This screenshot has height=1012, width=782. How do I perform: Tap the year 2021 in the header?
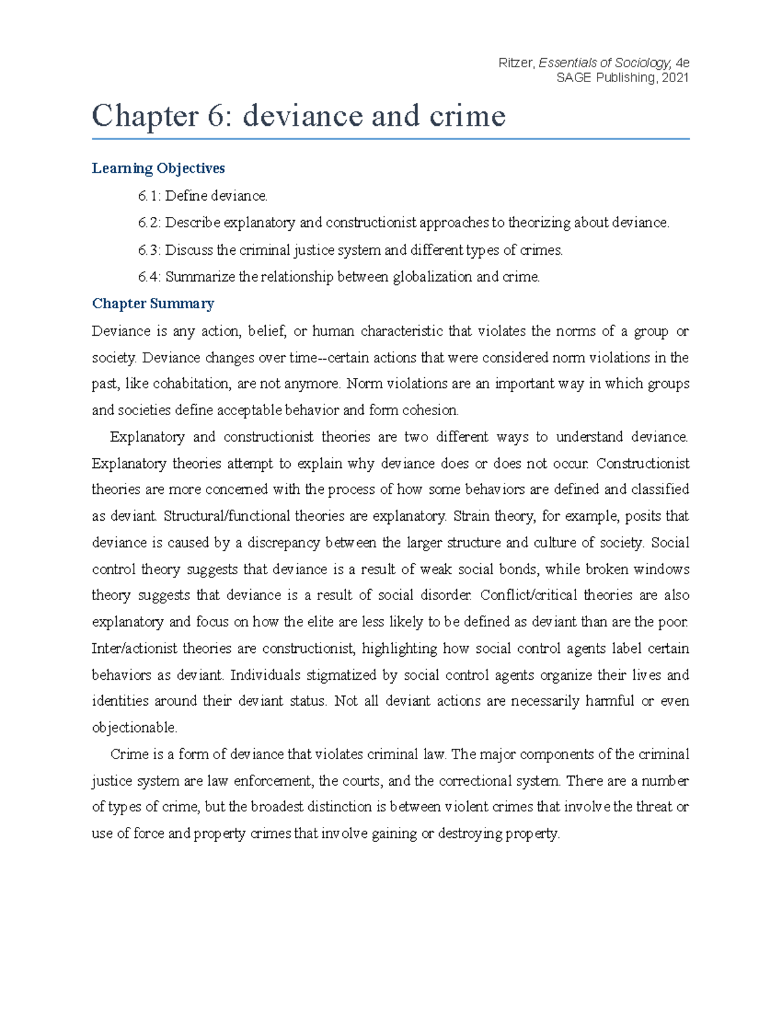coord(674,78)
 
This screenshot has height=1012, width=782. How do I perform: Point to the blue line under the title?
coord(390,139)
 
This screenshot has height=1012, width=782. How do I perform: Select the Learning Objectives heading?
coord(158,168)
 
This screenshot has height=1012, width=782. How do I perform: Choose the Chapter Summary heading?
coord(153,304)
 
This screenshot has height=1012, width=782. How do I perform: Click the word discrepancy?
coord(283,543)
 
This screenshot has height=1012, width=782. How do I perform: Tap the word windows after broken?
coord(661,570)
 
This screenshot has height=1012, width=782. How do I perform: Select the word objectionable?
coord(134,728)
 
